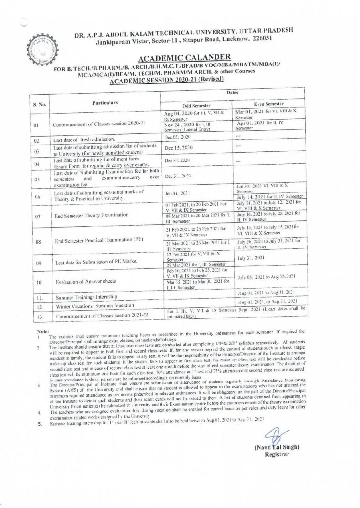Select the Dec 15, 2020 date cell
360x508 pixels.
click(x=175, y=148)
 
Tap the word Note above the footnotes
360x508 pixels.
click(x=43, y=331)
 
